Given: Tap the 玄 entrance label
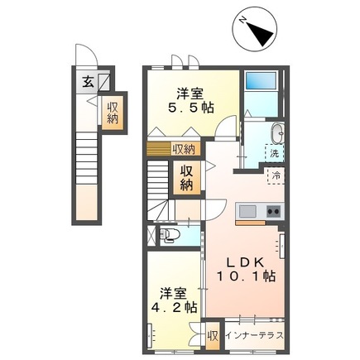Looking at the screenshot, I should tap(87, 80).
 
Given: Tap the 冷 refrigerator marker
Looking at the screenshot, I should tap(275, 175).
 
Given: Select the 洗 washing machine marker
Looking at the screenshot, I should tap(273, 152).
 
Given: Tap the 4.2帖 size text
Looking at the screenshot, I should tap(174, 306).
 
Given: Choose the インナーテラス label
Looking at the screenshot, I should tap(253, 336).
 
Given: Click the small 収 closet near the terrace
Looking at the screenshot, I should tap(213, 336).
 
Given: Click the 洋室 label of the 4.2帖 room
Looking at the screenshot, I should tap(173, 291).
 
